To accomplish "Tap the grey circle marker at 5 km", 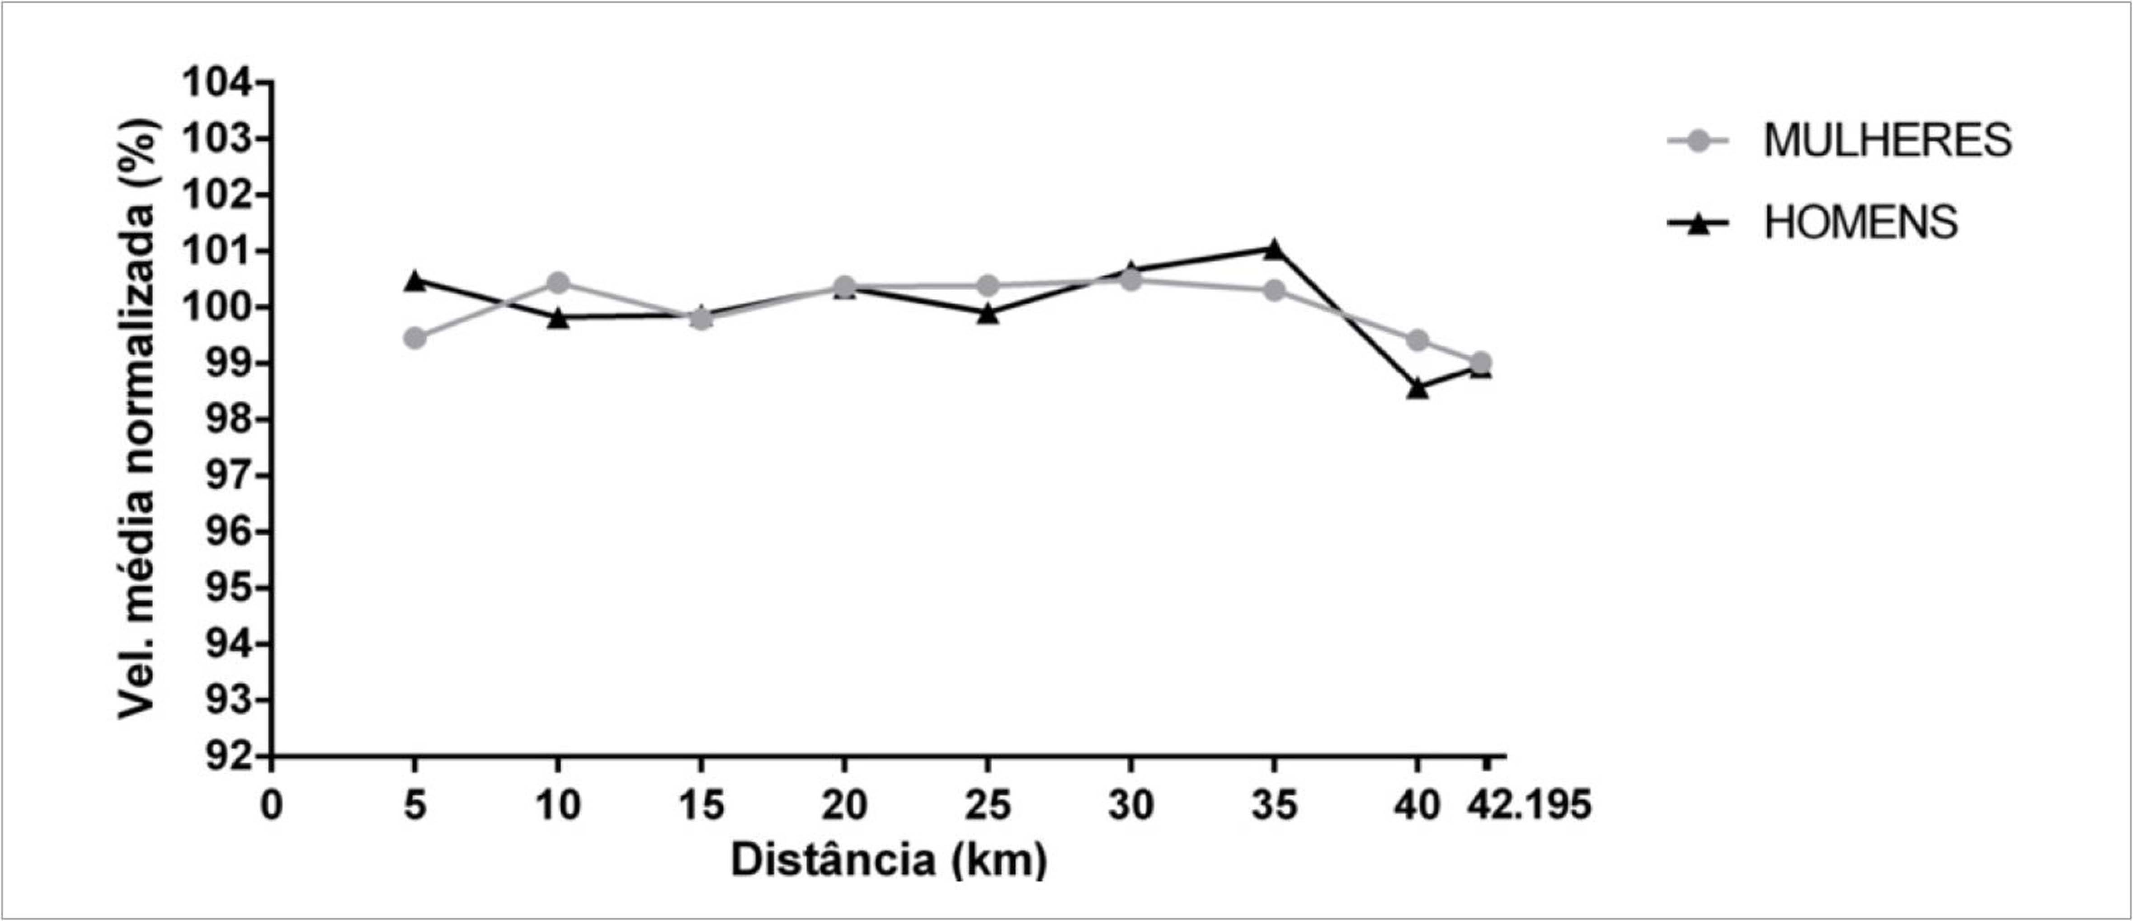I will click(x=416, y=338).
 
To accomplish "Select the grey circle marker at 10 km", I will click(x=558, y=283).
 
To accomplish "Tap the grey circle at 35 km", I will click(x=1274, y=291).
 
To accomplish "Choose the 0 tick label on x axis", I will click(x=272, y=805).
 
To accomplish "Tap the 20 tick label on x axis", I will click(x=844, y=805).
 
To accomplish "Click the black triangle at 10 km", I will click(x=558, y=318).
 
